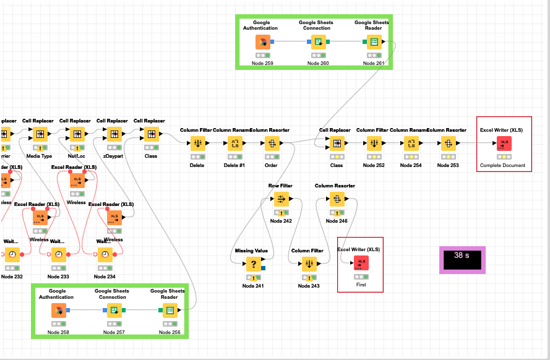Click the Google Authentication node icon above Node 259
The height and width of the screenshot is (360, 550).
pos(263,42)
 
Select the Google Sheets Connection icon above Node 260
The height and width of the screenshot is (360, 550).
pos(318,42)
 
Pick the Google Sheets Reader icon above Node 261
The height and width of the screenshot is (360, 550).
pos(374,42)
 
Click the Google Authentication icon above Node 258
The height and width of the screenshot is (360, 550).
pos(59,311)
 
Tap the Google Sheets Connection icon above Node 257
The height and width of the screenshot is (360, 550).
pos(114,311)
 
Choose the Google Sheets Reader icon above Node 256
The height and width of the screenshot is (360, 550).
pos(170,311)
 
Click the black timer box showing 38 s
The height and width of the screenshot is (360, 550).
pos(462,259)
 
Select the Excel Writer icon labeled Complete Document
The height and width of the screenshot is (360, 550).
pos(504,144)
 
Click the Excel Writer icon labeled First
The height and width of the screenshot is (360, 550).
pos(361,263)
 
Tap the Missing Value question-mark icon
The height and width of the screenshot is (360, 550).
pos(253,264)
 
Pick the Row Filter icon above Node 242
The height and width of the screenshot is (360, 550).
pos(281,199)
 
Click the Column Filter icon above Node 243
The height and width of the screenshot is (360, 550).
pos(309,264)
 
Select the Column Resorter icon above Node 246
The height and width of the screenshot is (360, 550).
pos(336,199)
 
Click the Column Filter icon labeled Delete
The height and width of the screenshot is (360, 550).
pos(197,144)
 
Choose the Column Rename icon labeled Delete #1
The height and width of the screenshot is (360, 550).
pos(234,144)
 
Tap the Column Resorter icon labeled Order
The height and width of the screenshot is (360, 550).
pos(271,144)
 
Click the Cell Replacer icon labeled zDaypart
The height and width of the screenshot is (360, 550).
pos(114,134)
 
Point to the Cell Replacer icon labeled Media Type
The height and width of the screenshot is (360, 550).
pos(40,134)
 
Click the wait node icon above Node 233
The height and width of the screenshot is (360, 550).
pos(58,254)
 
